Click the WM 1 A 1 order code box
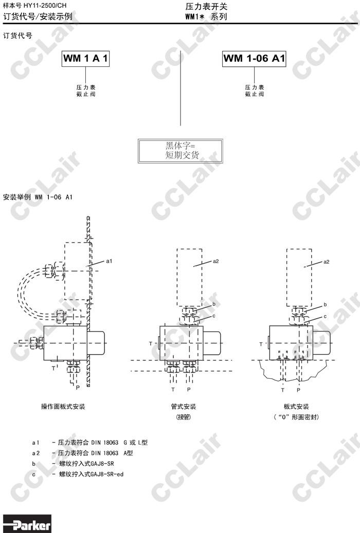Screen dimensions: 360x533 point(86,59)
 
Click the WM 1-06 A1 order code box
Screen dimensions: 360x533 point(254,59)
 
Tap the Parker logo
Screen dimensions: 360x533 point(27,524)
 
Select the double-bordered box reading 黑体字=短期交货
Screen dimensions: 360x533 point(181,151)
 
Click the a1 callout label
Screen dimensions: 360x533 point(109,261)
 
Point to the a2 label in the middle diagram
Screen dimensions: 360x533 point(215,261)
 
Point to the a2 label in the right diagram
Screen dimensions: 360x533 point(326,262)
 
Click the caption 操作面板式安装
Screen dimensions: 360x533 point(63,407)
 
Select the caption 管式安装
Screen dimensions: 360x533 point(184,407)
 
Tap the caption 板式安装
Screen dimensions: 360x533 point(296,407)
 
